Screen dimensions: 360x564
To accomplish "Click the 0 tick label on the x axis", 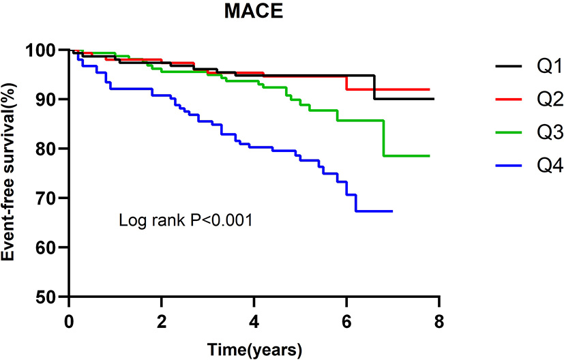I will (70, 321).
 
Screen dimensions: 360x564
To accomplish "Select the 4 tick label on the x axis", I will (254, 321).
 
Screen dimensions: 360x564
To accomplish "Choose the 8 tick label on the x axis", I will (439, 321).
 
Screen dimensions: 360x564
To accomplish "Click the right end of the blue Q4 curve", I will (392, 211).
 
